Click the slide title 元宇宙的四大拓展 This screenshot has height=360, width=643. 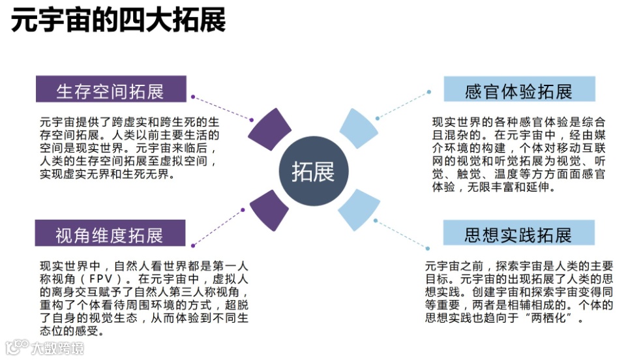(118, 22)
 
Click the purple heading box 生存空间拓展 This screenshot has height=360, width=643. (110, 91)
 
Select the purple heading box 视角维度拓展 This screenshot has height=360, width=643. (110, 234)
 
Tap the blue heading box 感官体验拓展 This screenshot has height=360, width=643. (519, 91)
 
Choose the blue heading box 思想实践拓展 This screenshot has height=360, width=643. (519, 234)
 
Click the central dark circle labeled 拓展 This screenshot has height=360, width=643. (313, 172)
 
